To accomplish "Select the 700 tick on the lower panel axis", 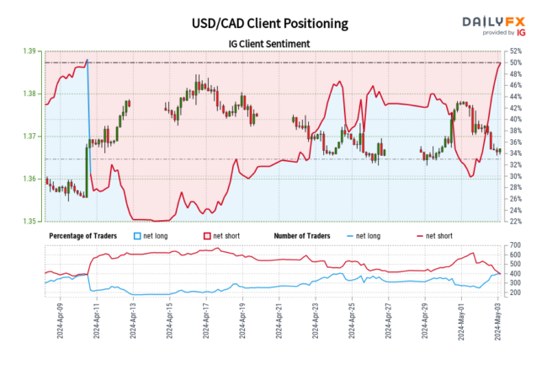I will click(x=513, y=245).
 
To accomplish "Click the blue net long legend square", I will click(x=139, y=236).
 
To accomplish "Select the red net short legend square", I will click(x=208, y=236).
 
